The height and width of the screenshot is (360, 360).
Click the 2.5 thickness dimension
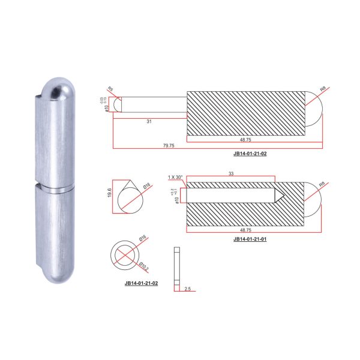[188, 289]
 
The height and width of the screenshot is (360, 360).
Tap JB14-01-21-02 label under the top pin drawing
[250, 153]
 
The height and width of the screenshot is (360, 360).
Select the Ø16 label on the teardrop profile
[145, 187]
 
